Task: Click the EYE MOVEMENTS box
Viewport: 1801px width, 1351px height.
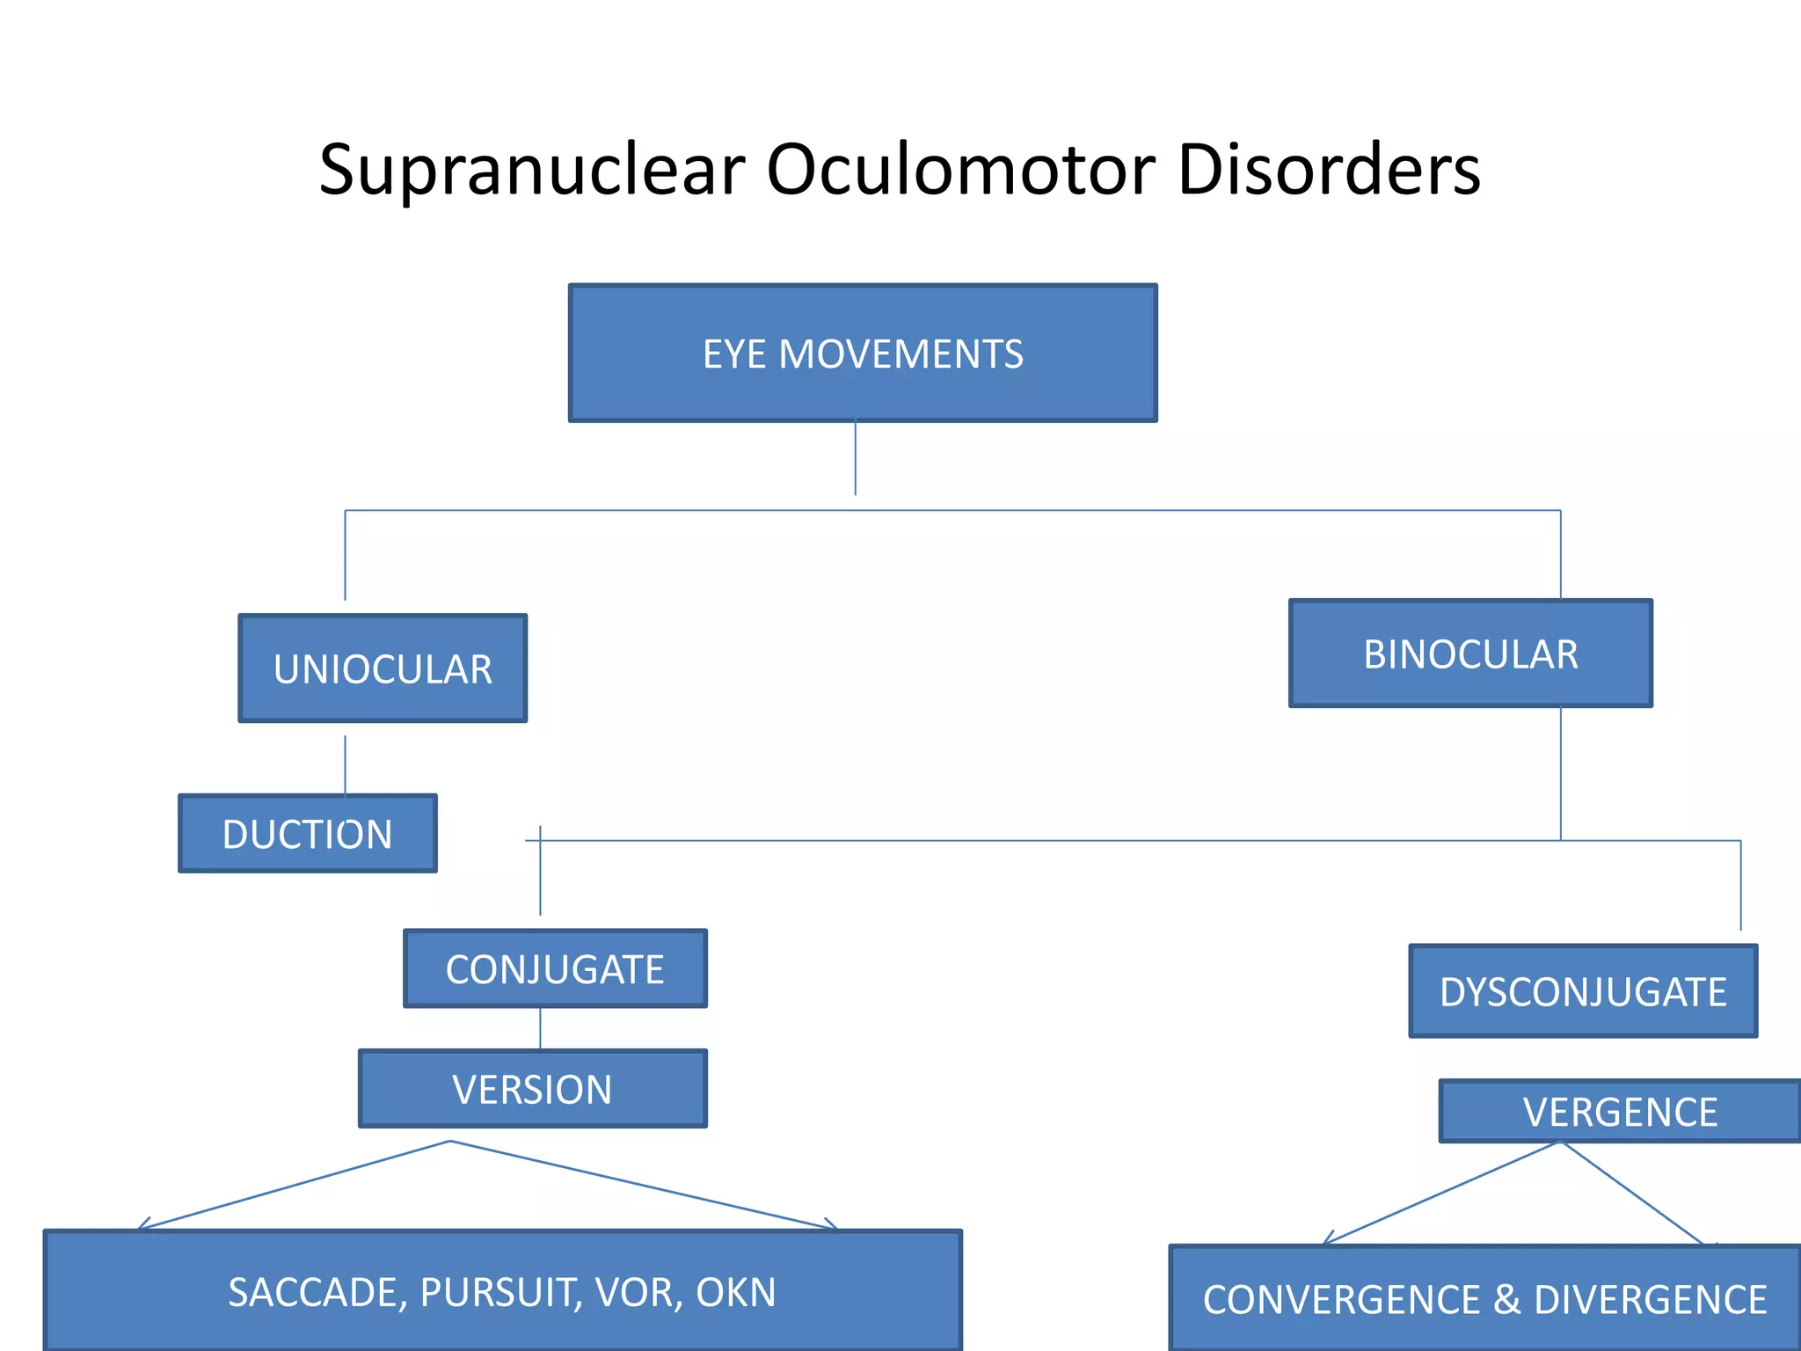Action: pos(863,354)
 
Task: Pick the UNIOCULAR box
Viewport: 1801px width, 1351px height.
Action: pos(383,669)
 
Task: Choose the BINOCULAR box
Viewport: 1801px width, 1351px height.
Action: pos(1470,654)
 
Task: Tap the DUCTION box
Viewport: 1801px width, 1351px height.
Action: pos(307,834)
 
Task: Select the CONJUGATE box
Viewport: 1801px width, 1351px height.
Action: pos(555,969)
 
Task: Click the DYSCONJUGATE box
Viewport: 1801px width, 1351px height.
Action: pos(1583,992)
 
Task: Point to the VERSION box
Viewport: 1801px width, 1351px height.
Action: pos(532,1090)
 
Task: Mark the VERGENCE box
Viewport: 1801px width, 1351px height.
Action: pos(1620,1112)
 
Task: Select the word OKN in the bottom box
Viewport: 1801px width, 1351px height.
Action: pos(735,1292)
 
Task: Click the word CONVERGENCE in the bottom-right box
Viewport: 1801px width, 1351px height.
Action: pos(1342,1300)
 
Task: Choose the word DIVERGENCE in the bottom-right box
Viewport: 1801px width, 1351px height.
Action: pos(1650,1300)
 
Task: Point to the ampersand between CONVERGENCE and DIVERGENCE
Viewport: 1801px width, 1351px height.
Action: pos(1506,1300)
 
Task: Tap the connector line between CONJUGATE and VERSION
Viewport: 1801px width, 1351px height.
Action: pos(540,1028)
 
